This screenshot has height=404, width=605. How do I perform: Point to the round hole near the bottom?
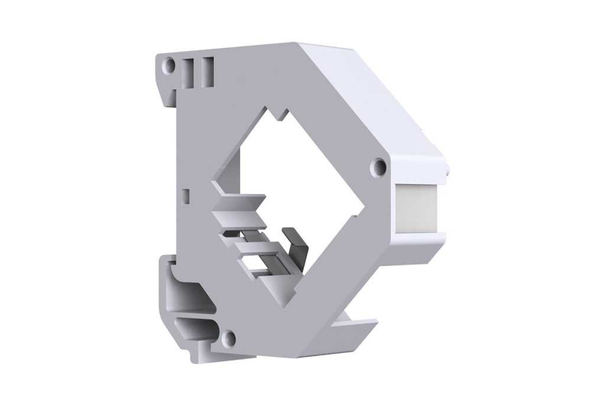point(229,338)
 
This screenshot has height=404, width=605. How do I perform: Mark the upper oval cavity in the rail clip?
point(189,292)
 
